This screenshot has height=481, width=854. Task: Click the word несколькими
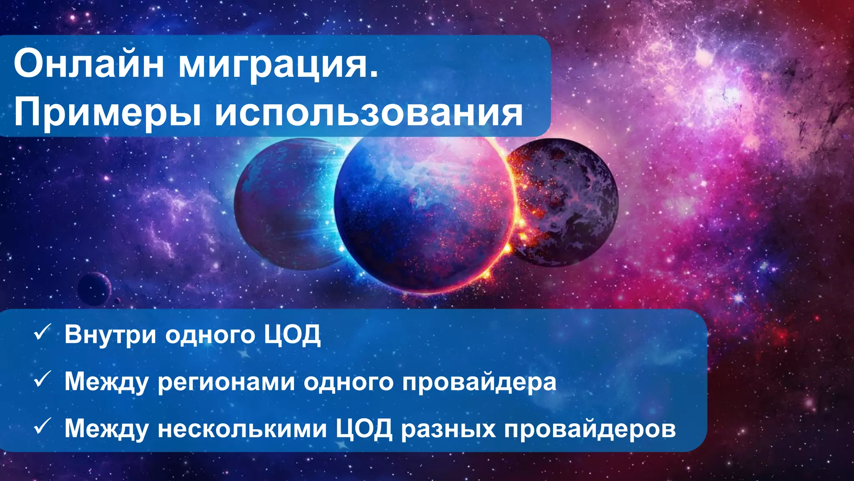point(242,428)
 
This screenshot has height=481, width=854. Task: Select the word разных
point(448,429)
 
